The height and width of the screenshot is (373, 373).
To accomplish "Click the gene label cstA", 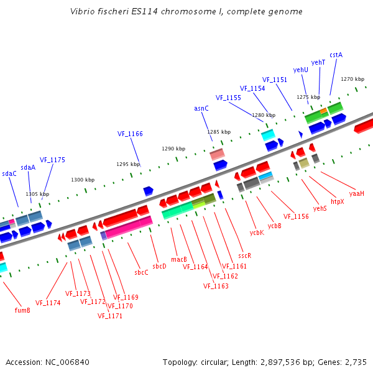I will (x=336, y=55).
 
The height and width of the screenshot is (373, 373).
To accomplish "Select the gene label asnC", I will (x=201, y=108).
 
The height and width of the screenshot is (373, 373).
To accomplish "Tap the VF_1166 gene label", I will (x=130, y=134).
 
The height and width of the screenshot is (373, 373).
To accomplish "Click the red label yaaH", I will (x=356, y=193).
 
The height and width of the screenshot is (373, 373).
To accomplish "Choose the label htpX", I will (x=337, y=201).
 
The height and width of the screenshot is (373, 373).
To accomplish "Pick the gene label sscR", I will (x=244, y=256).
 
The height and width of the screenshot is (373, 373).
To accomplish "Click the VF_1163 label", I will (x=216, y=286).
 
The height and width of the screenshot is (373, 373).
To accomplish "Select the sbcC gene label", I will (x=141, y=272).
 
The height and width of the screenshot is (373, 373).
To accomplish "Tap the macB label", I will (x=179, y=259).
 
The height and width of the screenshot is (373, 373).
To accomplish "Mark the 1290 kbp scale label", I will (x=173, y=149).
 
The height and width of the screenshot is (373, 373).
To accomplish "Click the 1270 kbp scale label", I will (x=352, y=79).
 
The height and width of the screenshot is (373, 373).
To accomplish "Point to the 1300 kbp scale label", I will (x=83, y=180).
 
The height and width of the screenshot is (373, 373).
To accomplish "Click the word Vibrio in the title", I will (x=83, y=11).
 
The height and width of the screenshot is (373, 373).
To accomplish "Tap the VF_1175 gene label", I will (x=52, y=160).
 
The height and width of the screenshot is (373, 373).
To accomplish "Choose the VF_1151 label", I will (x=275, y=80).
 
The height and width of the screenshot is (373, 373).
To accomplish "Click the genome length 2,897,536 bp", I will (x=283, y=362).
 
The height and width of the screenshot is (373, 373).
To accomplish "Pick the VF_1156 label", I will (x=296, y=216).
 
